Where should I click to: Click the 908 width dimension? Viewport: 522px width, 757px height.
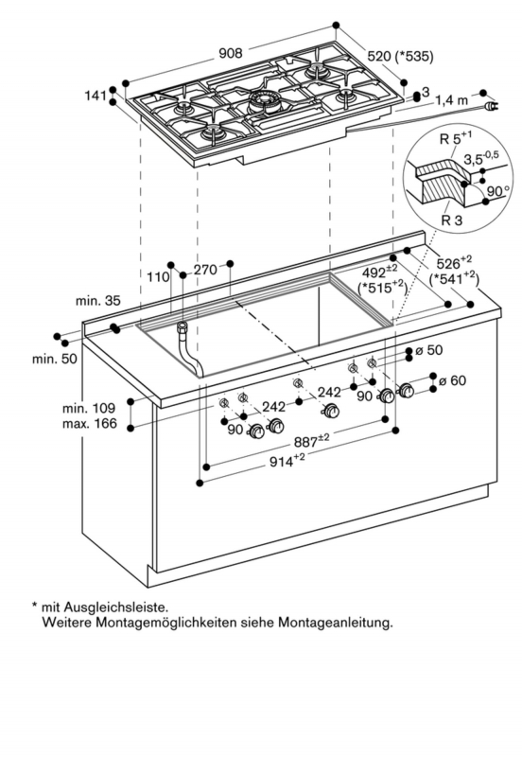tap(231, 53)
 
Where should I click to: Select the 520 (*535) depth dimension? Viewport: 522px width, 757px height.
tap(400, 57)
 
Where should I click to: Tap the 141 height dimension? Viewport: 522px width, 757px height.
tap(96, 96)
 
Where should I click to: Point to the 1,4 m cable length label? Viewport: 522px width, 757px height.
tap(452, 100)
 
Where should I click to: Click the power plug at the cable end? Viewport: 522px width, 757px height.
tap(491, 106)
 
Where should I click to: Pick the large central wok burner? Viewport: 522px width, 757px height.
tap(265, 102)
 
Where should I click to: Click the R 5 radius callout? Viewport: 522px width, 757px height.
tap(456, 138)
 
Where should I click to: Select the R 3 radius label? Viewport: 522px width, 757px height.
tap(452, 220)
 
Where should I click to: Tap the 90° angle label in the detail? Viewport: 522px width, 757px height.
tap(497, 192)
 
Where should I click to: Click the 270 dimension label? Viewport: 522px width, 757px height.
tap(205, 270)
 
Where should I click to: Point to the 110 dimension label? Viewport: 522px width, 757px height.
tap(158, 277)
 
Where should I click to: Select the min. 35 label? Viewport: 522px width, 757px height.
tap(98, 301)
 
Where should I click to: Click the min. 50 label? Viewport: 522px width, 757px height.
tap(55, 359)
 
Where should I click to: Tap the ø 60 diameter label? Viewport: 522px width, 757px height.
tap(453, 380)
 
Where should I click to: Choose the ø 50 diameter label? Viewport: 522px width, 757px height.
tap(429, 349)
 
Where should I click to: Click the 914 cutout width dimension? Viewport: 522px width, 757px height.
tap(287, 461)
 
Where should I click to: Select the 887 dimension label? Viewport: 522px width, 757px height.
tap(311, 440)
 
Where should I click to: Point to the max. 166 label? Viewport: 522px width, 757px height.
tap(90, 424)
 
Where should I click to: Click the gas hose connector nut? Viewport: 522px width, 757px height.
tap(183, 326)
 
